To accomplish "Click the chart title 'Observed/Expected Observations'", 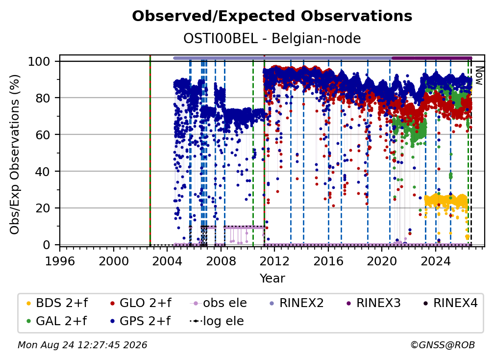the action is pos(272,16).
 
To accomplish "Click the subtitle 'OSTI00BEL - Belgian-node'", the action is pos(272,38).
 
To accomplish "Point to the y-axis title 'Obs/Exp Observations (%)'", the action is pos(15,154).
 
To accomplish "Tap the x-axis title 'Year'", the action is pos(272,279).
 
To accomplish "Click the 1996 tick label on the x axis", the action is pos(60,261).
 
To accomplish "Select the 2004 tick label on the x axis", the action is pos(167,261).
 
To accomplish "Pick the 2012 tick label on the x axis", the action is pos(274,261).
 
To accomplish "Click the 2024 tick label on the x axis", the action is pos(435,261).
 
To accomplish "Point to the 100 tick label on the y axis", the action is pos(39,61).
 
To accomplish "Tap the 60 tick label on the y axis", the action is pos(43,134).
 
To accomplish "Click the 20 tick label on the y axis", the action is pos(43,208).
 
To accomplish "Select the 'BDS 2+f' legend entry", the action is pos(57,303).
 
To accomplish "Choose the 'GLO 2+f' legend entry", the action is pos(141,303).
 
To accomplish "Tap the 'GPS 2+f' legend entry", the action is pos(140,321).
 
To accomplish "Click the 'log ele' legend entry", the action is pos(217,321).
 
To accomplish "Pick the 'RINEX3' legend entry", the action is pos(373,303).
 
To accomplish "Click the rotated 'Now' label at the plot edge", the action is pos(479,76).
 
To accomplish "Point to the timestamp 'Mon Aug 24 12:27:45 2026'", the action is pos(82,345).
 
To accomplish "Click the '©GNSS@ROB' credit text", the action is pos(443,345).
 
